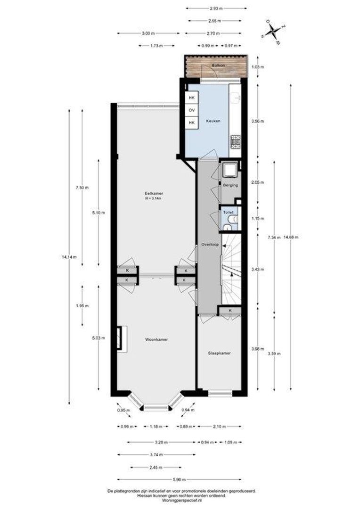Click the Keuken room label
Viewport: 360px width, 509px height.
click(x=213, y=121)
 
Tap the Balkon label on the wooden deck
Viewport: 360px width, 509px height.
click(x=218, y=66)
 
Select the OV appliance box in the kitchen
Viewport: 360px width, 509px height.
click(x=192, y=110)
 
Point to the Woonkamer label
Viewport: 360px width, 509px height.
click(x=156, y=339)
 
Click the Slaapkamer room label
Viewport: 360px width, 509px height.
click(x=219, y=353)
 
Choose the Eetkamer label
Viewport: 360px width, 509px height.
click(x=154, y=194)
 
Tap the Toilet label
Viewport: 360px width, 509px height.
click(x=228, y=212)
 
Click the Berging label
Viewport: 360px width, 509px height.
click(x=230, y=185)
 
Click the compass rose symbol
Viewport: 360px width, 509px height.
click(x=273, y=32)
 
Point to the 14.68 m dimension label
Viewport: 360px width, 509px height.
click(x=291, y=237)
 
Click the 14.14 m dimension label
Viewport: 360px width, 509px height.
click(x=69, y=257)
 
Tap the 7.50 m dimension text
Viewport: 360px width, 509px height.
click(x=82, y=188)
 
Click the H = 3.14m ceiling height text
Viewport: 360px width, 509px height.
click(x=154, y=198)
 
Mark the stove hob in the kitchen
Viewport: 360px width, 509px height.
click(x=235, y=140)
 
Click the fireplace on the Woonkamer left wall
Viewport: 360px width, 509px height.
click(x=122, y=338)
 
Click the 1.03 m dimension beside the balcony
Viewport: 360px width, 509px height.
click(x=258, y=67)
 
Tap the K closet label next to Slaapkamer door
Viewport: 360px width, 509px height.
click(x=230, y=311)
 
